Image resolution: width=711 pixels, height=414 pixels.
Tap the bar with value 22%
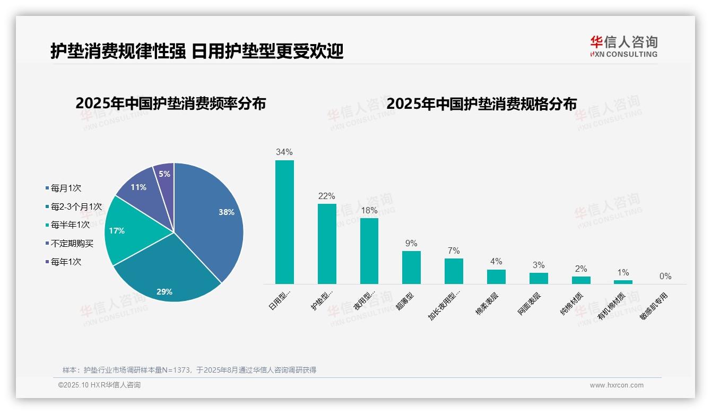pos(327,244)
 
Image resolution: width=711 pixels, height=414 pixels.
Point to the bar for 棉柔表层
pos(496,277)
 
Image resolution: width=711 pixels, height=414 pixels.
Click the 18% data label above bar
pos(369,211)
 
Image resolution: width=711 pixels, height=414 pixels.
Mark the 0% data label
pos(665,277)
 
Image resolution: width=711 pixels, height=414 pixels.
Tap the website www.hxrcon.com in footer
pos(617,385)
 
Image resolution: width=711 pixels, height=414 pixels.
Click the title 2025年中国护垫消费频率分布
pos(170,103)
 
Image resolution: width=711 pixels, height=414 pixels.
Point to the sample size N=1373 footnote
pos(189,370)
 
